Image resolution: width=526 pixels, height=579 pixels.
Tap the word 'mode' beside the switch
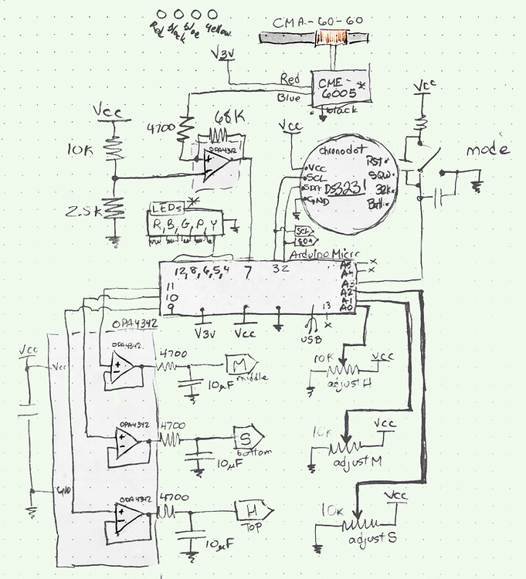(487, 149)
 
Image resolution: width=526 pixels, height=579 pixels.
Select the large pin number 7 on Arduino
(247, 272)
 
